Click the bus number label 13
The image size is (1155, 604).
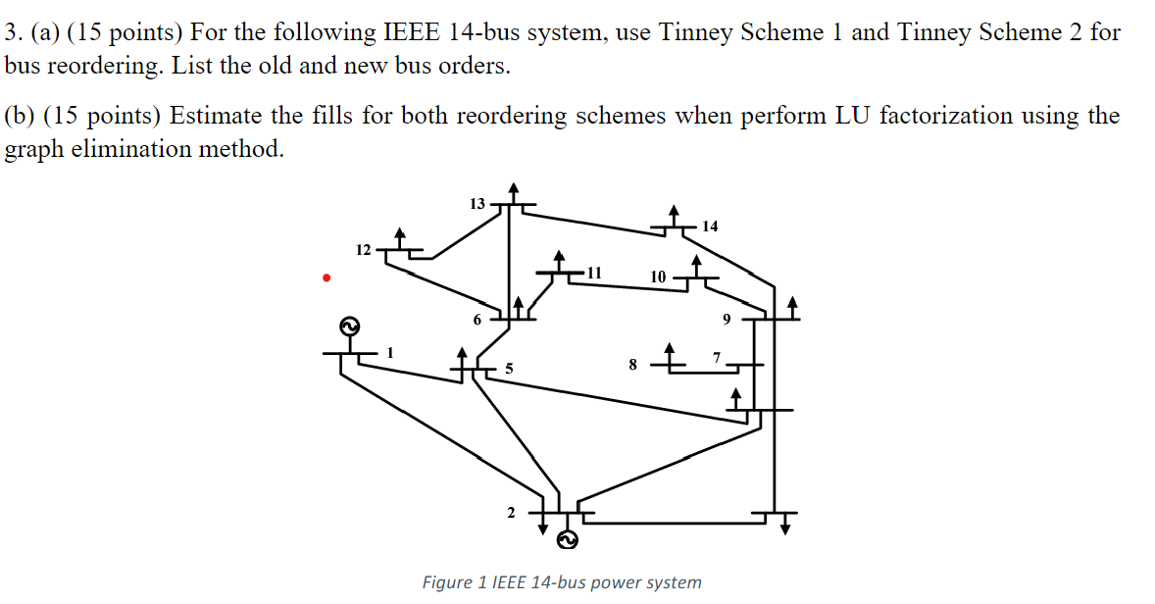(477, 204)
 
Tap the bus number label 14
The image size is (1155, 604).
(710, 226)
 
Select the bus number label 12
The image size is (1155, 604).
(363, 250)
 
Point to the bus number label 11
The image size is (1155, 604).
(594, 272)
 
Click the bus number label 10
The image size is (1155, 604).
(658, 277)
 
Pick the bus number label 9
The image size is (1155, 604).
(727, 319)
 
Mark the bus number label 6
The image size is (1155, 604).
(477, 320)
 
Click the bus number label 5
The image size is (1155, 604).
(509, 369)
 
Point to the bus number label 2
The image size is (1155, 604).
(510, 512)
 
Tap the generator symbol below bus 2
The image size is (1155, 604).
(568, 539)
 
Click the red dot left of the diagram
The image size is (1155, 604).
(326, 278)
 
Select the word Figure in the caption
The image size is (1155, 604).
(447, 582)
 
